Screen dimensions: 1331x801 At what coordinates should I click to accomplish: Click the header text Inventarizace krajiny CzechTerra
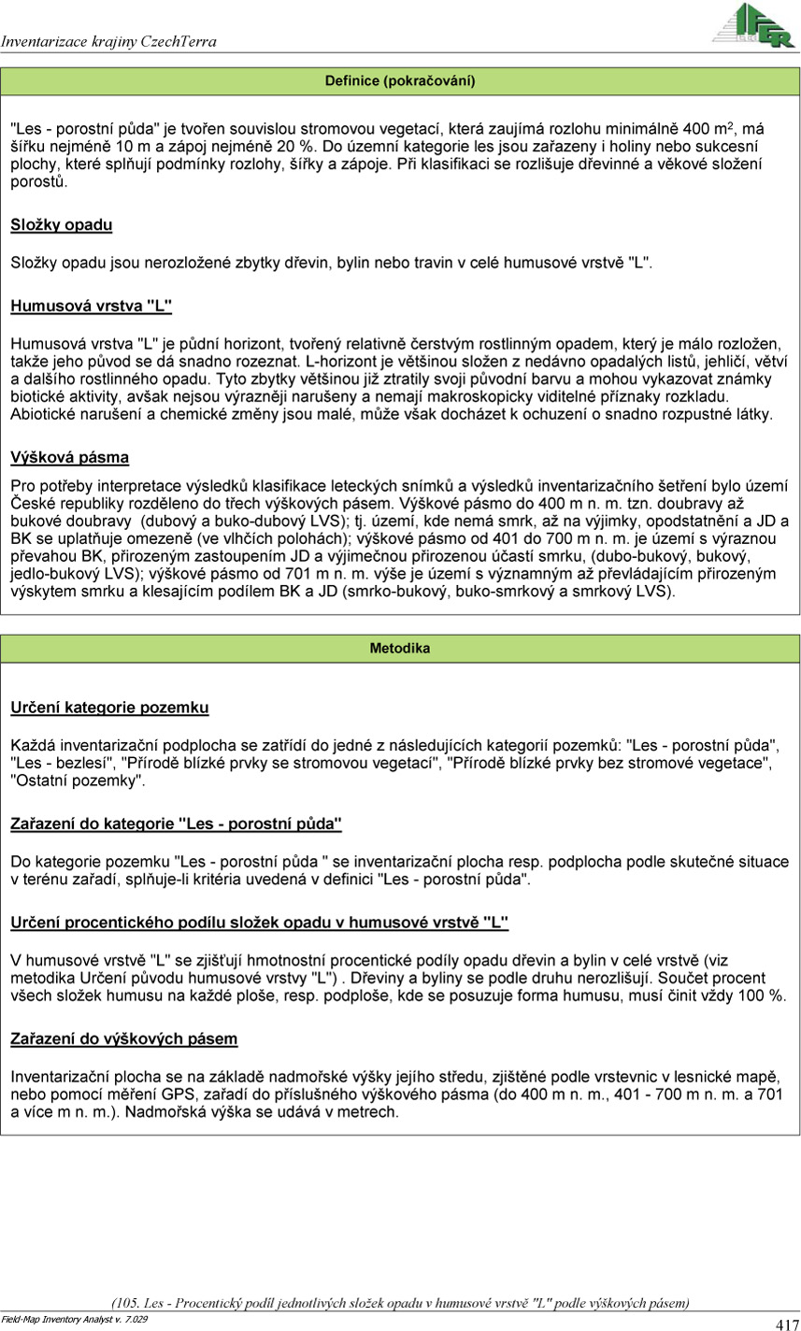coord(108,42)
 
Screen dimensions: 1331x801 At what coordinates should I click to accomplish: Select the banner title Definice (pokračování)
coord(400,81)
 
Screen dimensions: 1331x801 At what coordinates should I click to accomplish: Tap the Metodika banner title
coord(400,648)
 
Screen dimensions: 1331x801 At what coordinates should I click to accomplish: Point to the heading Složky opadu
coord(62,225)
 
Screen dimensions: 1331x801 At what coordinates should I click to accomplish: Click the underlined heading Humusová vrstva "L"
coord(92,306)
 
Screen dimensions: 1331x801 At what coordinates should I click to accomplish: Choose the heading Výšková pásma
coord(70,458)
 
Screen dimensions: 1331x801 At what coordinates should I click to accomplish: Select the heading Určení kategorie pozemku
coord(109,708)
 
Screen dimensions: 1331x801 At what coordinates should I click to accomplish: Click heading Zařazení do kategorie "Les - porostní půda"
coord(177,823)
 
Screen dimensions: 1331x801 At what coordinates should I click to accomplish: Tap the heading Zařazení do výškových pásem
coord(124,1038)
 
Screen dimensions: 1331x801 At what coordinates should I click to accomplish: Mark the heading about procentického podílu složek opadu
coord(260,923)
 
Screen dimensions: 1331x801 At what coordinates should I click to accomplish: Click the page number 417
coord(787,1324)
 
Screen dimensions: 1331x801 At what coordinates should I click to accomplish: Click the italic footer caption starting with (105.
coord(400,1303)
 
